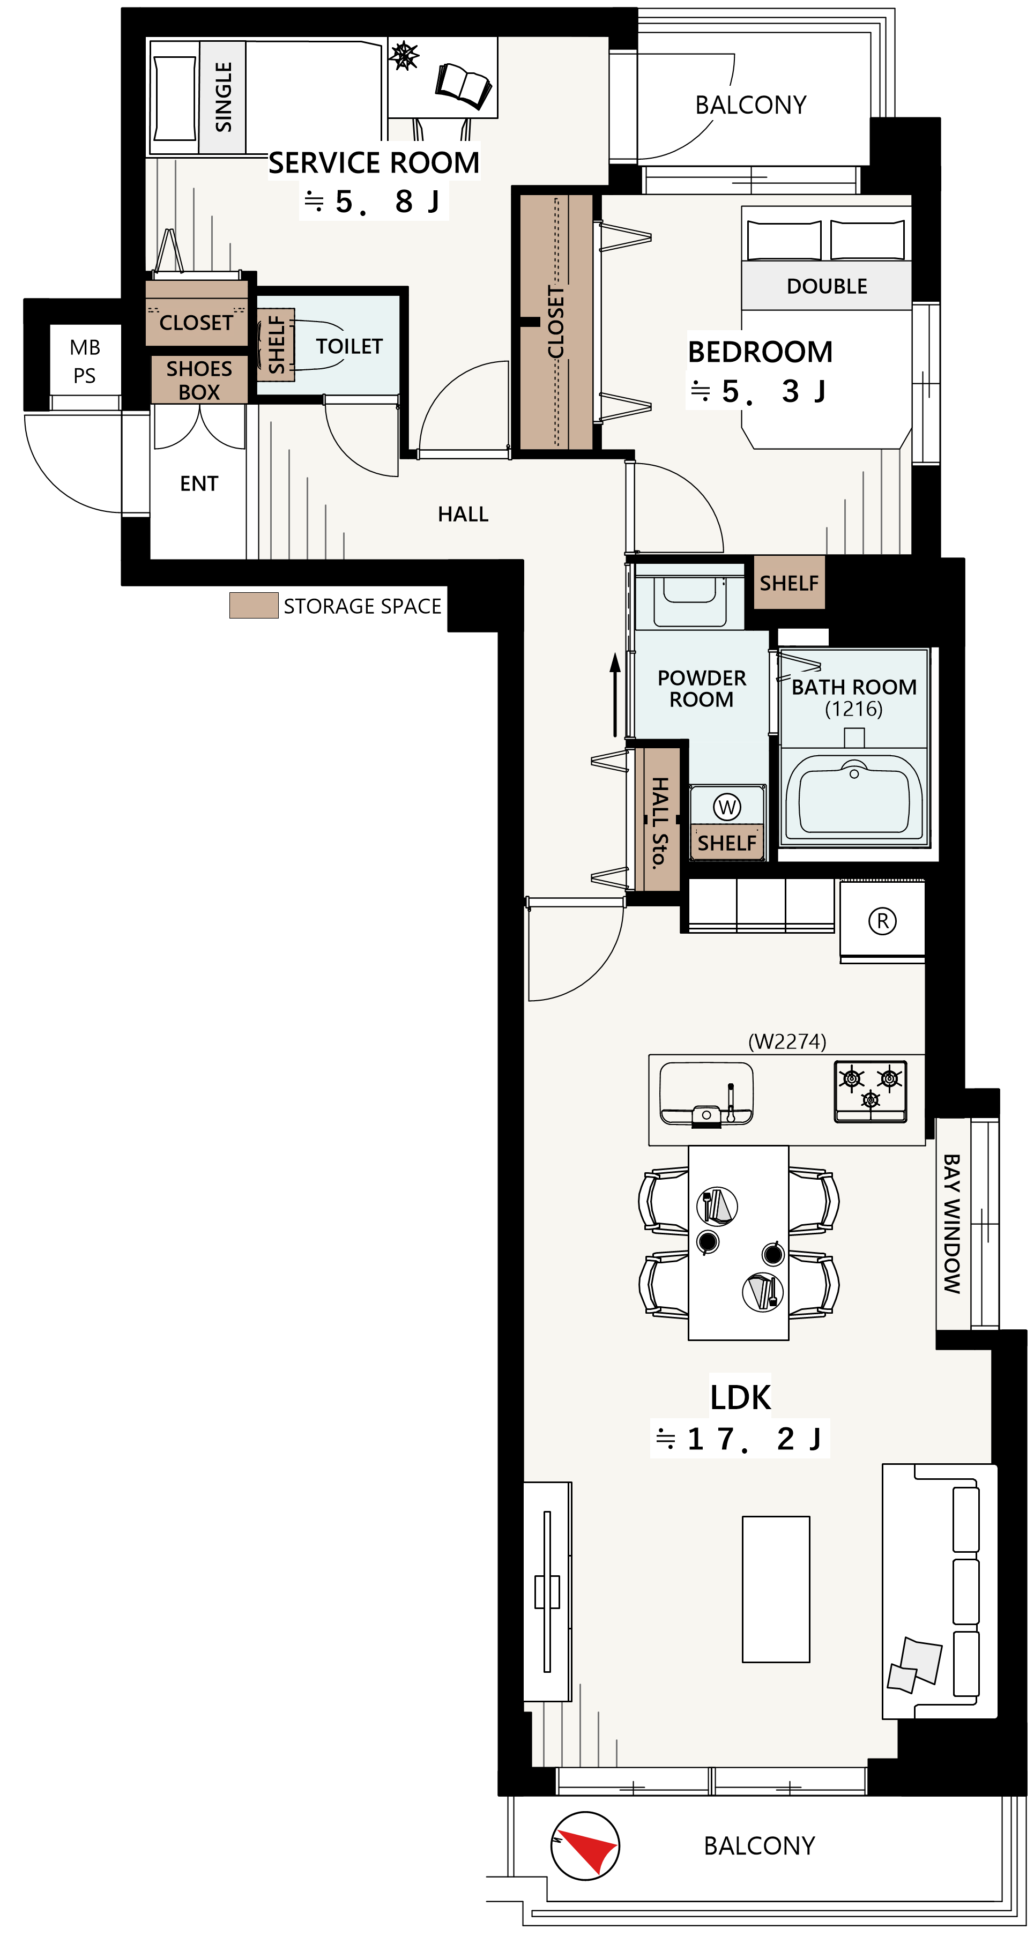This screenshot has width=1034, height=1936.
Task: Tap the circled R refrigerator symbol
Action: pyautogui.click(x=882, y=921)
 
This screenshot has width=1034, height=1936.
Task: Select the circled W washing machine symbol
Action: pyautogui.click(x=727, y=807)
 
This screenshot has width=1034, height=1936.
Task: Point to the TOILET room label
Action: pyautogui.click(x=349, y=346)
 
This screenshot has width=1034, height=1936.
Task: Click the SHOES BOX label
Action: pyautogui.click(x=199, y=381)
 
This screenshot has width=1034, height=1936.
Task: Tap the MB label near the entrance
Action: pyautogui.click(x=85, y=347)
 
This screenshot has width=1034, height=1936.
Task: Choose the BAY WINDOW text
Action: pyautogui.click(x=952, y=1224)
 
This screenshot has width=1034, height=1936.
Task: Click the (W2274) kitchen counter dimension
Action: pyautogui.click(x=787, y=1041)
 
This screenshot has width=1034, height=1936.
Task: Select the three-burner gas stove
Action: pyautogui.click(x=870, y=1091)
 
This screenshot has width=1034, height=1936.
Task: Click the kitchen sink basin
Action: pyautogui.click(x=705, y=1093)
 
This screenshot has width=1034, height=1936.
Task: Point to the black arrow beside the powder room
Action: pyautogui.click(x=615, y=695)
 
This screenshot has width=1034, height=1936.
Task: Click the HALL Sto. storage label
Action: pyautogui.click(x=659, y=823)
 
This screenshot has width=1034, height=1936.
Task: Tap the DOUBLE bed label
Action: pyautogui.click(x=827, y=286)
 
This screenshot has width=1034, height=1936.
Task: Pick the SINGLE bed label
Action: pyautogui.click(x=223, y=97)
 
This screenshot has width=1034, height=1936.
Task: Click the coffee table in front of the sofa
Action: pyautogui.click(x=776, y=1589)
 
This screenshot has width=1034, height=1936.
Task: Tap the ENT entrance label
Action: pyautogui.click(x=199, y=483)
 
